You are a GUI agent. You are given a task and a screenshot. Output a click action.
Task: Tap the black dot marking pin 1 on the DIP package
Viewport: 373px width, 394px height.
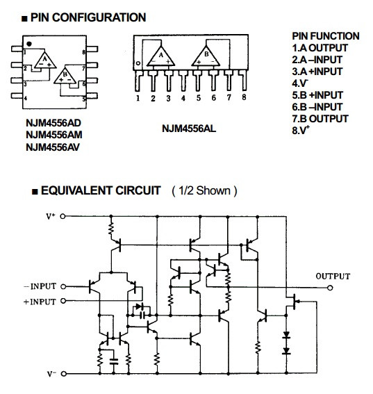point(29,44)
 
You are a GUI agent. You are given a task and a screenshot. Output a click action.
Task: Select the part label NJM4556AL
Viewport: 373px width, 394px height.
point(189,129)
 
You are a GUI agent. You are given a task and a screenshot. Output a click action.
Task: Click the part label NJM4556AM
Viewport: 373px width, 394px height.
point(54,135)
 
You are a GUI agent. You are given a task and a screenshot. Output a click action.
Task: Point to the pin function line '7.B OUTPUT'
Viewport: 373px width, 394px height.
point(320,119)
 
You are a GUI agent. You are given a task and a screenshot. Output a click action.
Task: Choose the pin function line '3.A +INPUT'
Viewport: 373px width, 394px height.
point(317,72)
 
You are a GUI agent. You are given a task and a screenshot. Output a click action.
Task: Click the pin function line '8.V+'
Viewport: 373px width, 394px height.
point(301,130)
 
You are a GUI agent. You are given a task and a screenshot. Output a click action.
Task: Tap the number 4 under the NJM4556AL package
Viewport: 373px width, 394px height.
point(183,98)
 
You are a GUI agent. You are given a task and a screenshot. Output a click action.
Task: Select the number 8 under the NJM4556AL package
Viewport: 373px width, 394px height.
point(244,97)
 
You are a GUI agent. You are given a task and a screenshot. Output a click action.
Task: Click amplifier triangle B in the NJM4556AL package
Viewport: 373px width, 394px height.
point(206,58)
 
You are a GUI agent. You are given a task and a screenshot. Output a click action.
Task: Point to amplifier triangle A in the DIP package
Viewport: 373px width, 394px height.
point(44,61)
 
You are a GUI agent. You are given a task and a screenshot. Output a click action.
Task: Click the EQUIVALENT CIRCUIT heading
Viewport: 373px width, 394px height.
point(101,190)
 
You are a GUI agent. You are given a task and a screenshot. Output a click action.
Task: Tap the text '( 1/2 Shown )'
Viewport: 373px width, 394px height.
point(204,191)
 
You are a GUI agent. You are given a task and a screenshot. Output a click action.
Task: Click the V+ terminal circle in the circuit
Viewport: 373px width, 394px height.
point(63,216)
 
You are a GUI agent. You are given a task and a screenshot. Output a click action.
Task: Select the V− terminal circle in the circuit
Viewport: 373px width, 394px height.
point(64,374)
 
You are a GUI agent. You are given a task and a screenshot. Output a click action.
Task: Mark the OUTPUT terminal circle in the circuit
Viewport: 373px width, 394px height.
point(331,288)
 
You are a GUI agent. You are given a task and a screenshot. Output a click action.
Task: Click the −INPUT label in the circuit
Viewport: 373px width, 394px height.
point(40,286)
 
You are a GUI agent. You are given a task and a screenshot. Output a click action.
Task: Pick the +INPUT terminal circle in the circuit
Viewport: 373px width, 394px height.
point(63,300)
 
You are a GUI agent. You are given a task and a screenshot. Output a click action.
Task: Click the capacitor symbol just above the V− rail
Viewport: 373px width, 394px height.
point(114,361)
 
